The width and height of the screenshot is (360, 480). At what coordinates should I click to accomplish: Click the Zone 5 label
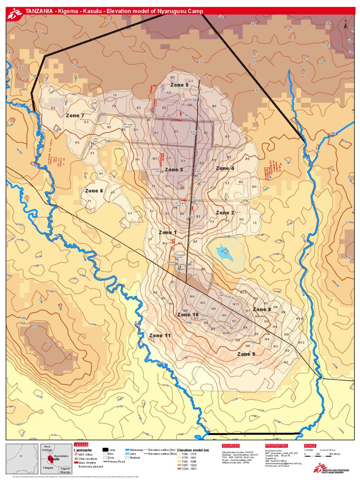point(179,85)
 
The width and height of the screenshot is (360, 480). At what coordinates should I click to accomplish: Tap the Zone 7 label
point(75,115)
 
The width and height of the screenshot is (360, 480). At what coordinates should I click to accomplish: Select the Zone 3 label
point(174,169)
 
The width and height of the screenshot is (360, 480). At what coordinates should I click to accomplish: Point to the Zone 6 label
point(94,191)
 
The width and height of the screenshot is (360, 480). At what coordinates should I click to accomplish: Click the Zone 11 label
point(160,335)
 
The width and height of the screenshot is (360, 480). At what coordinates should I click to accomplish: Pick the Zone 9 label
point(246,354)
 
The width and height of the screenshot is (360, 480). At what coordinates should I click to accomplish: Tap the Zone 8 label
point(262,309)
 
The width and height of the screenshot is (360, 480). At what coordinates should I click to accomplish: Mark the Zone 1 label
point(167,232)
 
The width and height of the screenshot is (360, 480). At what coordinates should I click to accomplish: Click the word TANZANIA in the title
point(39,11)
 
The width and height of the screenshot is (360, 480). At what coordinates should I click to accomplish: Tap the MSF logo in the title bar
point(15,13)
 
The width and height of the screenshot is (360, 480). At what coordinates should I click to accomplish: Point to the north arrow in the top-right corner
point(346,24)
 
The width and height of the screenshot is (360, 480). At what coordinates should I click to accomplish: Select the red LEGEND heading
point(81,445)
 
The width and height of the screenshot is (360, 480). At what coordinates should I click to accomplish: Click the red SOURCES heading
point(231,446)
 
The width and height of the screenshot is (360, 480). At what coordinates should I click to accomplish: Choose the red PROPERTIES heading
point(276,446)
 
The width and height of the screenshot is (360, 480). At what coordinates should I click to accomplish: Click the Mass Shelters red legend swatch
point(76,463)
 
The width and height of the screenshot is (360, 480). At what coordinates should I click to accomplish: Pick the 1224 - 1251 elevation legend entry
point(188,468)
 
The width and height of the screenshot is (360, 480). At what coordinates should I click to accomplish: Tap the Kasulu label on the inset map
point(54,459)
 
